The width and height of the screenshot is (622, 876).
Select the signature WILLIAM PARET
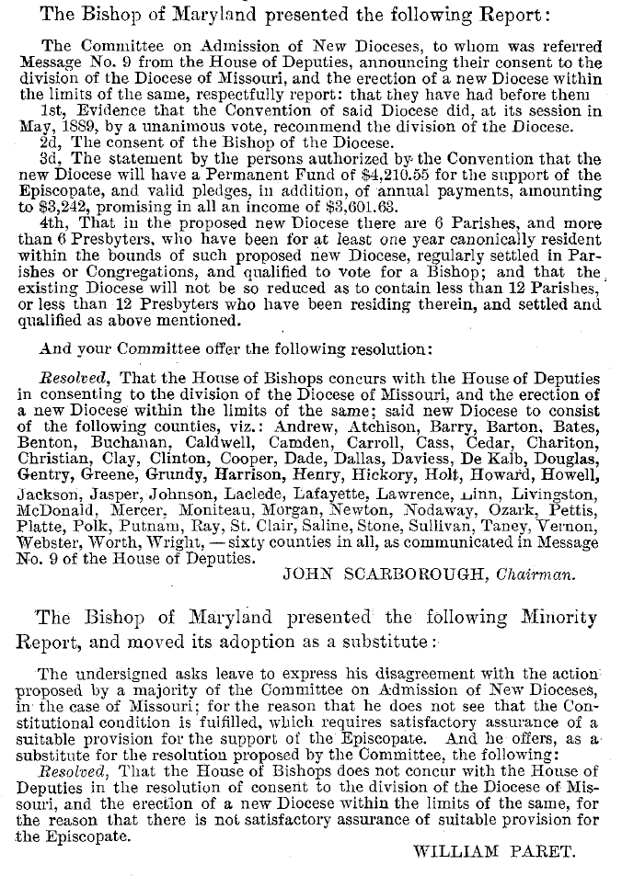click(495, 851)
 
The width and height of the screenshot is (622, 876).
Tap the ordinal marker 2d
click(52, 142)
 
